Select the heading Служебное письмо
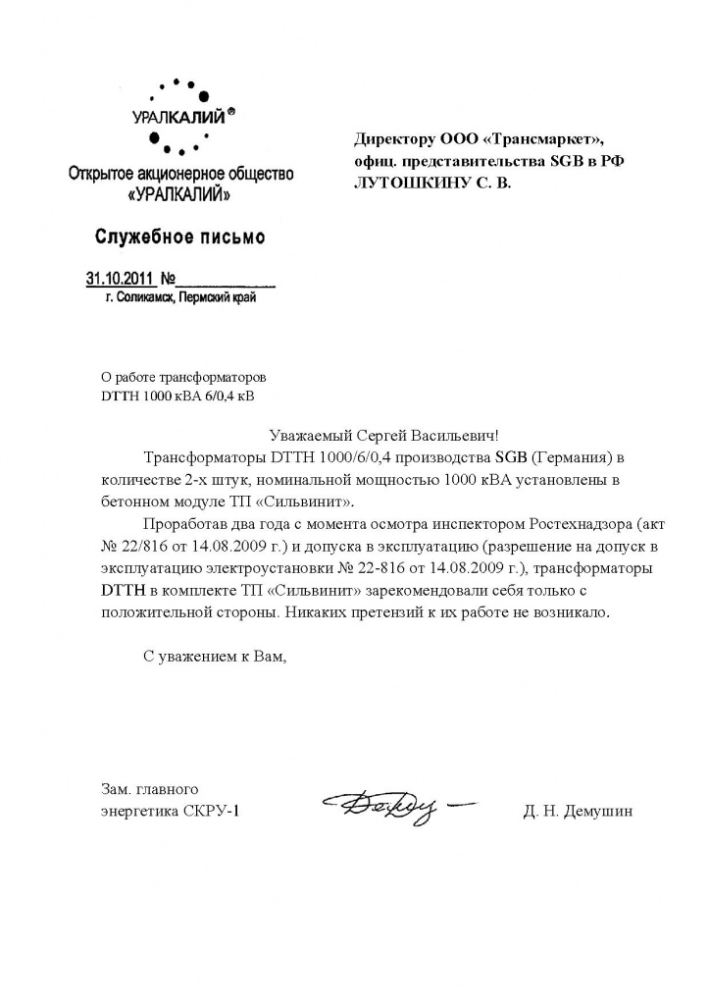[179, 237]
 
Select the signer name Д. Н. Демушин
[579, 811]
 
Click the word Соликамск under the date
[145, 298]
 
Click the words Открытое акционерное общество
[179, 175]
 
